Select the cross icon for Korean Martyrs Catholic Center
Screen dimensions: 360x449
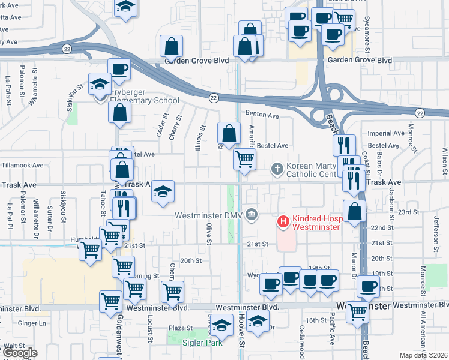coord(277,169)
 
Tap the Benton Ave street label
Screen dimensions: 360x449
coord(262,115)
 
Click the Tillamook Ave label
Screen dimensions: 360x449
coord(22,165)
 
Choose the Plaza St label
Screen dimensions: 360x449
coord(179,328)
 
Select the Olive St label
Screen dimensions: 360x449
coord(209,234)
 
